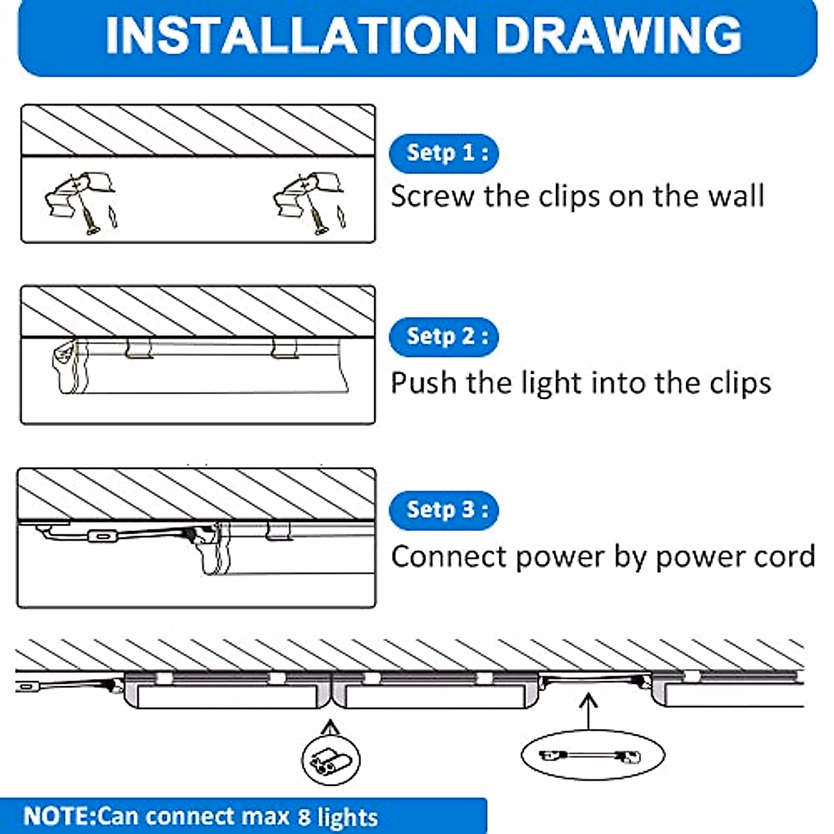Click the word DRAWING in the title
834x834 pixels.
619,35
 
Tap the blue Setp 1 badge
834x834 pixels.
443,154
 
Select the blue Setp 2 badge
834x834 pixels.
443,336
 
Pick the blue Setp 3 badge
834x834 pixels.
443,510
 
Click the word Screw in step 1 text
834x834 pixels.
432,197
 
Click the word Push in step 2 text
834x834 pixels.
424,383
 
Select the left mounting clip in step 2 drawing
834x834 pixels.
138,348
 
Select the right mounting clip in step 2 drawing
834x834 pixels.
284,348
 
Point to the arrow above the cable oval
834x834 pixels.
588,712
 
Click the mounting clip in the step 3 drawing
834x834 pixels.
277,530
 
